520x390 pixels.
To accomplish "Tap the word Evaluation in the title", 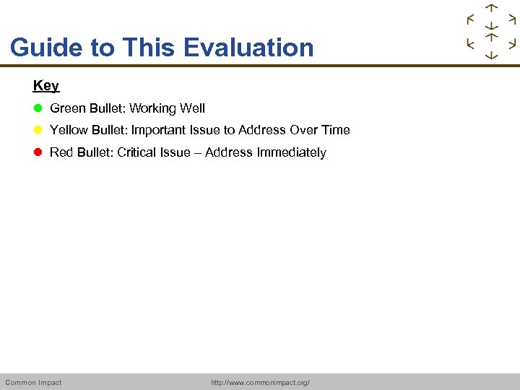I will click(248, 48).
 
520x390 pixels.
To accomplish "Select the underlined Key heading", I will click(45, 85).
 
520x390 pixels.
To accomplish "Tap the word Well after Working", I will click(192, 108).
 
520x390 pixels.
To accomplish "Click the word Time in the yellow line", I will click(336, 130).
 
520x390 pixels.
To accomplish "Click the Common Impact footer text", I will click(33, 382).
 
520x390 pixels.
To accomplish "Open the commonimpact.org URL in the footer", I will click(260, 382).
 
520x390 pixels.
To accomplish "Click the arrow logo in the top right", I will click(491, 32).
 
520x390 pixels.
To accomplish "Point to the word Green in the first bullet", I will click(67, 108).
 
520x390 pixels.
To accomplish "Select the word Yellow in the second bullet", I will click(69, 130).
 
